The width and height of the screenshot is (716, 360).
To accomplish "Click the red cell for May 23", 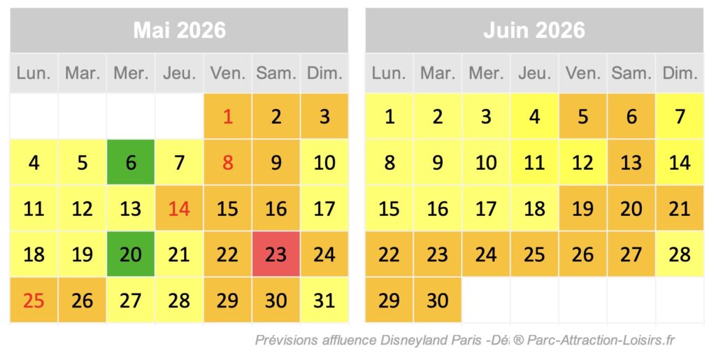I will pos(275,254).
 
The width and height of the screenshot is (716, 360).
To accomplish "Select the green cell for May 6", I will pos(131,162).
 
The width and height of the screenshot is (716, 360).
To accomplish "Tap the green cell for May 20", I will pos(131,254).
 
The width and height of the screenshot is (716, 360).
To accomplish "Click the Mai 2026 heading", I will pos(179,30).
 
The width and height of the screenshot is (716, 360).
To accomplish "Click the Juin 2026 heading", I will pos(534,30).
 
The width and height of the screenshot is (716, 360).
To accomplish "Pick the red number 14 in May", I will pos(179,208).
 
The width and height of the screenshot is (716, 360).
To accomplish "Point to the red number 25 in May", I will pos(34,301).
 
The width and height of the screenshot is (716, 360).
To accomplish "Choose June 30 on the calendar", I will pos(438,301).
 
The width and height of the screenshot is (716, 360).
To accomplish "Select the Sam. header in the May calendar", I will pos(275,73).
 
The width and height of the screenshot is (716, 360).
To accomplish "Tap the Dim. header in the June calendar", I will pos(680,73).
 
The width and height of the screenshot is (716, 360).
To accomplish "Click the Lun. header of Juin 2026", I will pos(389,73).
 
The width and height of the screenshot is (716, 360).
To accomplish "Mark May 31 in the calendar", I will pos(324,301).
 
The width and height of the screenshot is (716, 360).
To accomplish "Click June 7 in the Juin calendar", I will pos(680,116).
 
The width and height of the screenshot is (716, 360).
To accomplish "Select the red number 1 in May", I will pos(227,116).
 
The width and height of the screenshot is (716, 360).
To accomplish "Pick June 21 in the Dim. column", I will pos(680,208).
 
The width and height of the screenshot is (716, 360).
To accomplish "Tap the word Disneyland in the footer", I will pos(413,340).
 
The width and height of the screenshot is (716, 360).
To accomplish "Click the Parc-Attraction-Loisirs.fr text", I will pos(601,340).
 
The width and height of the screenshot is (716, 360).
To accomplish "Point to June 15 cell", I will pos(389,208).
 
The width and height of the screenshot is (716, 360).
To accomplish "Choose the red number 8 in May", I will pos(227,162).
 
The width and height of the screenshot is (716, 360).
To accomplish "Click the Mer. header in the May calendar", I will pos(131,73).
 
